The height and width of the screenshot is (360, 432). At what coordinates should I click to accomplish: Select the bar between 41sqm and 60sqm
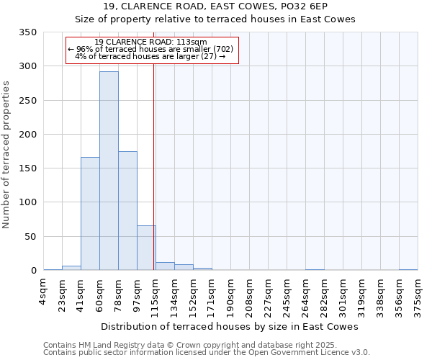pos(90,214)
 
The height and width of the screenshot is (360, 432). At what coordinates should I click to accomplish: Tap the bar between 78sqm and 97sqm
pos(127,211)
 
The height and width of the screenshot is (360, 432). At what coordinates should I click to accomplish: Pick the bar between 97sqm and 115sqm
pos(146,248)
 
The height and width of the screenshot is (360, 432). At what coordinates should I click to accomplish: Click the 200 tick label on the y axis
pos(28,135)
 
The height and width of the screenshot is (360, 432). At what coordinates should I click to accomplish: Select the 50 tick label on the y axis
pos(31,237)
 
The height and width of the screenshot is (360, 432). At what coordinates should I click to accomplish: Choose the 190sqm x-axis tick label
pos(231,296)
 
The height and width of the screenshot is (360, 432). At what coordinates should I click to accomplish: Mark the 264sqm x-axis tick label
pos(305,296)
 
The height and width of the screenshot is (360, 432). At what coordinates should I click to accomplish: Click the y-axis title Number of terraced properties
pos(7,155)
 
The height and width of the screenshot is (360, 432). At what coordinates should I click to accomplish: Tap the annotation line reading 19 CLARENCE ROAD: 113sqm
pos(150,42)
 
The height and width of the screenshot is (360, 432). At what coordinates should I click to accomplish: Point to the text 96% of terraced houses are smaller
pos(150,49)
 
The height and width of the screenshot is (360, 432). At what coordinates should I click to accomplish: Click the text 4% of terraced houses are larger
pos(150,56)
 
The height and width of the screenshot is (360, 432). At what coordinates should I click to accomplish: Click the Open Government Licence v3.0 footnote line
pos(207,352)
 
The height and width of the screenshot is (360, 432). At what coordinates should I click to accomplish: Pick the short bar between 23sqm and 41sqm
pos(71,268)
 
